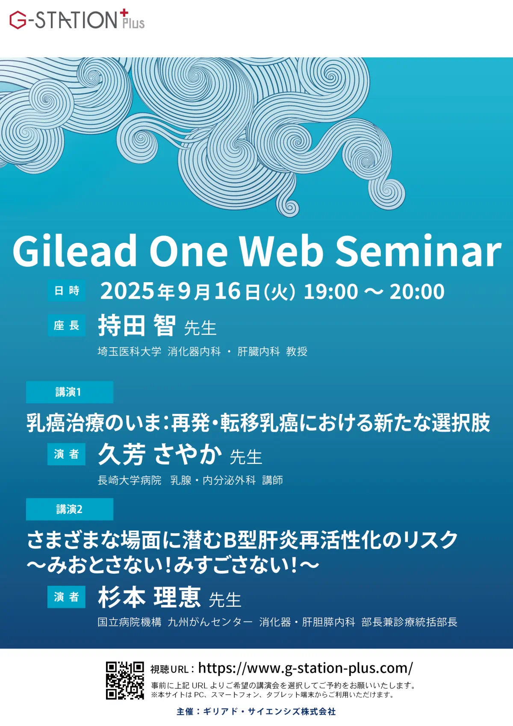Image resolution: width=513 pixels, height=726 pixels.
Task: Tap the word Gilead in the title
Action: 75,251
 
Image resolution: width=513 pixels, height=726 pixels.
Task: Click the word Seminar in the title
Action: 418,251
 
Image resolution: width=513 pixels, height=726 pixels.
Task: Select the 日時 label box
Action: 67,290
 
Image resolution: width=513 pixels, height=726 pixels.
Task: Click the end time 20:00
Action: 417,291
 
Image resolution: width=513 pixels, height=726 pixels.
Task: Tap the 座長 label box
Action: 67,325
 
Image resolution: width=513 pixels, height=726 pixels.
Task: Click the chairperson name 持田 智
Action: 137,325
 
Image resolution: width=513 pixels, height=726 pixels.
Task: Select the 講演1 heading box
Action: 70,392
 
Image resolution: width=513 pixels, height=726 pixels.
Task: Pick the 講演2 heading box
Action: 70,509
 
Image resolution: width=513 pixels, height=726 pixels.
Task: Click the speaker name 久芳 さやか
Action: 160,454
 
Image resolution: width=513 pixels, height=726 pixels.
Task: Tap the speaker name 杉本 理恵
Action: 149,597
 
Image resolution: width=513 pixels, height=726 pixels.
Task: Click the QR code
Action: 125,680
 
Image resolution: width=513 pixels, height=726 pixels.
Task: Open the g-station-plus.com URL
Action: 306,668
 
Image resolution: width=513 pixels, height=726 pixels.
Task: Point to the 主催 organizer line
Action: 256,711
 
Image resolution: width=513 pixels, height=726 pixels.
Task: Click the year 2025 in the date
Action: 127,291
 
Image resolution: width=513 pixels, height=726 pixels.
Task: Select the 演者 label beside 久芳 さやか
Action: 66,454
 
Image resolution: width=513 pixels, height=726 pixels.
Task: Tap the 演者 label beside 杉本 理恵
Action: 66,597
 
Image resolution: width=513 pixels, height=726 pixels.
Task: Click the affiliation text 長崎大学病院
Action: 130,480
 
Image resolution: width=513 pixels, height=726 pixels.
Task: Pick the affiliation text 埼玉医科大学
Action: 130,351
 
